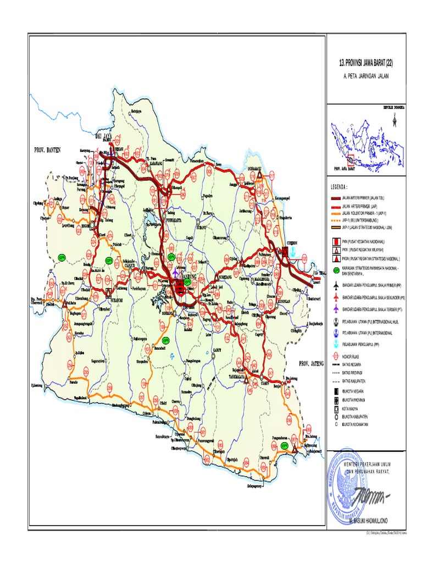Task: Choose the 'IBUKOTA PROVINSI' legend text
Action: (x=354, y=400)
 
